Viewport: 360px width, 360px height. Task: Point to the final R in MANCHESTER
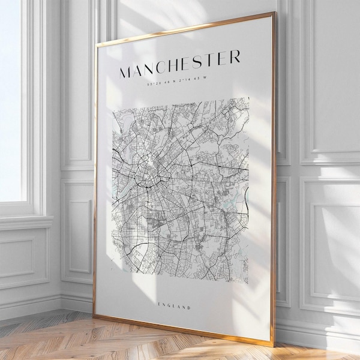235,56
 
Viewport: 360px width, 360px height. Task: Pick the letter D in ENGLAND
189,308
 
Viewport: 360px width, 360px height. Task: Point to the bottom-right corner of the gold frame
273,347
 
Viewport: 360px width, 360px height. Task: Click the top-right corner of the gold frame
274,15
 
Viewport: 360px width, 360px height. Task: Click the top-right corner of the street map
248,98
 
